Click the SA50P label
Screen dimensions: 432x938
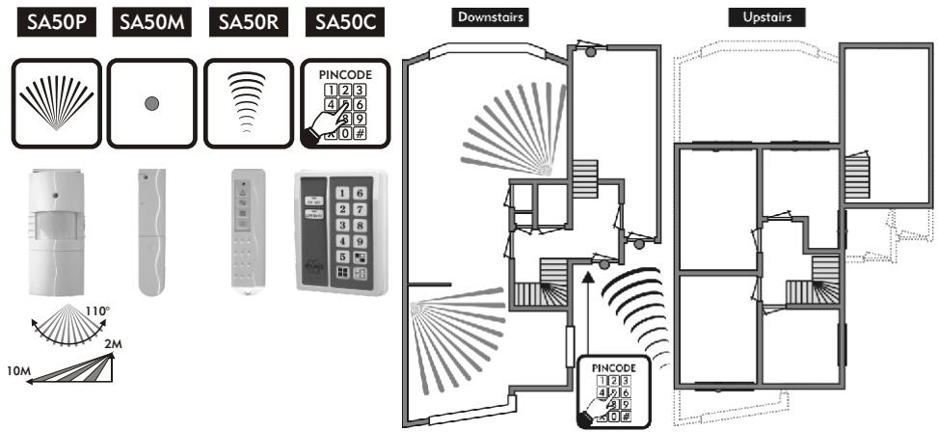pos(54,23)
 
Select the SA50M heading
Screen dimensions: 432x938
pos(150,23)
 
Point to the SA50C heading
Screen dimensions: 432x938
pos(342,23)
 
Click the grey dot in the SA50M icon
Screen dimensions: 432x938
pos(151,103)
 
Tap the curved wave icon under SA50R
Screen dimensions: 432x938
pos(248,103)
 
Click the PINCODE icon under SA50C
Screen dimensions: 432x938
pos(344,103)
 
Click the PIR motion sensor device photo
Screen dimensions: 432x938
pos(56,230)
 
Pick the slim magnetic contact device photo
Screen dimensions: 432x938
pos(150,231)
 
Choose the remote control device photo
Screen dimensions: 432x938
pos(247,232)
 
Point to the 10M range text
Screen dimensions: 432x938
pos(16,370)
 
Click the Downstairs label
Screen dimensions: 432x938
pos(489,17)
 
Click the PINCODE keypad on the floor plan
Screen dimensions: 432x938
pos(615,391)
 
